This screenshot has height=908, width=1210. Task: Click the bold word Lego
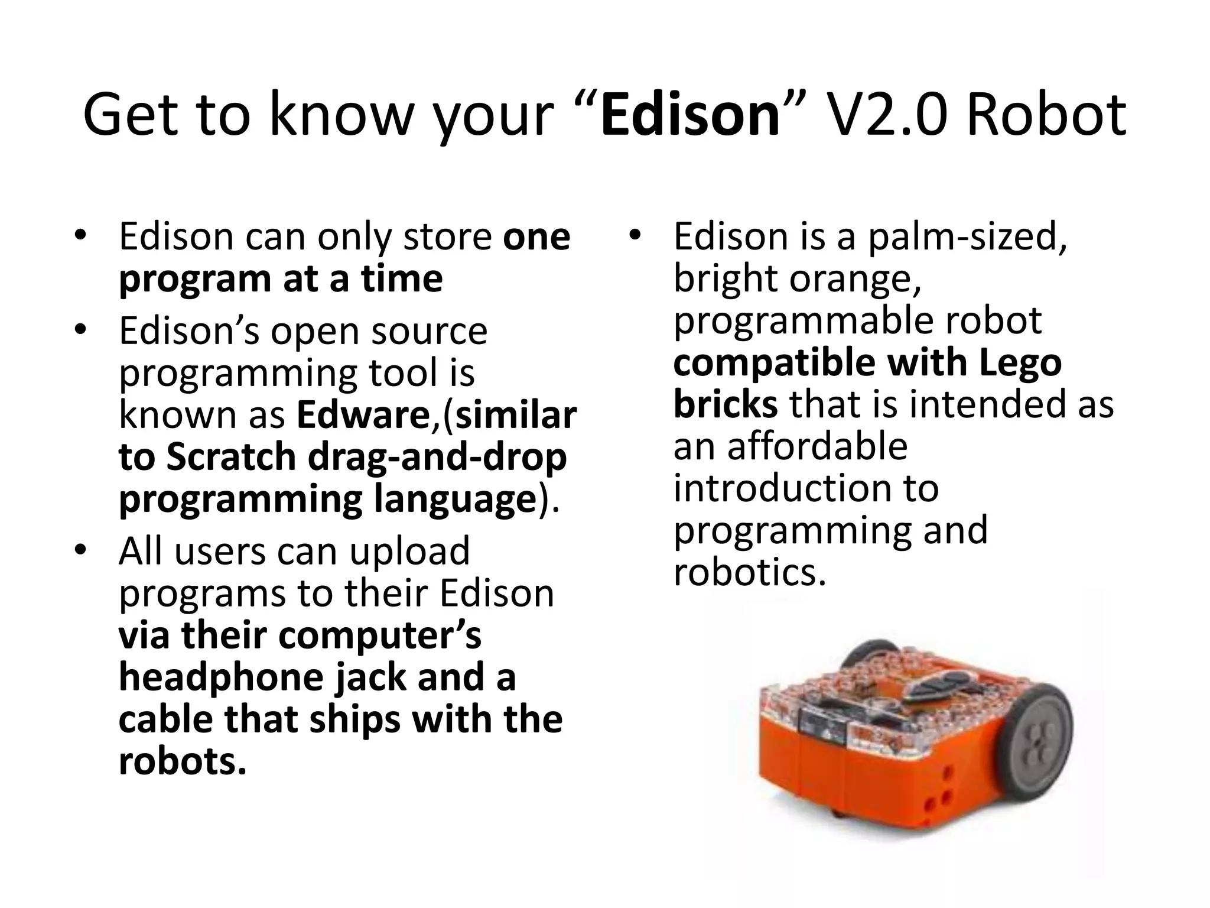coord(1020,362)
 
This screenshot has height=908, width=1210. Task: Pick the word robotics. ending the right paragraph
coord(749,572)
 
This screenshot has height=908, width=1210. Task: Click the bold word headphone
coord(222,677)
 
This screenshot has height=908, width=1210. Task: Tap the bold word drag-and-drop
coord(437,457)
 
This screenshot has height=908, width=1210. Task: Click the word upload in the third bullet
coord(409,551)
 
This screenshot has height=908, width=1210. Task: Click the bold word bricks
coord(725,404)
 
